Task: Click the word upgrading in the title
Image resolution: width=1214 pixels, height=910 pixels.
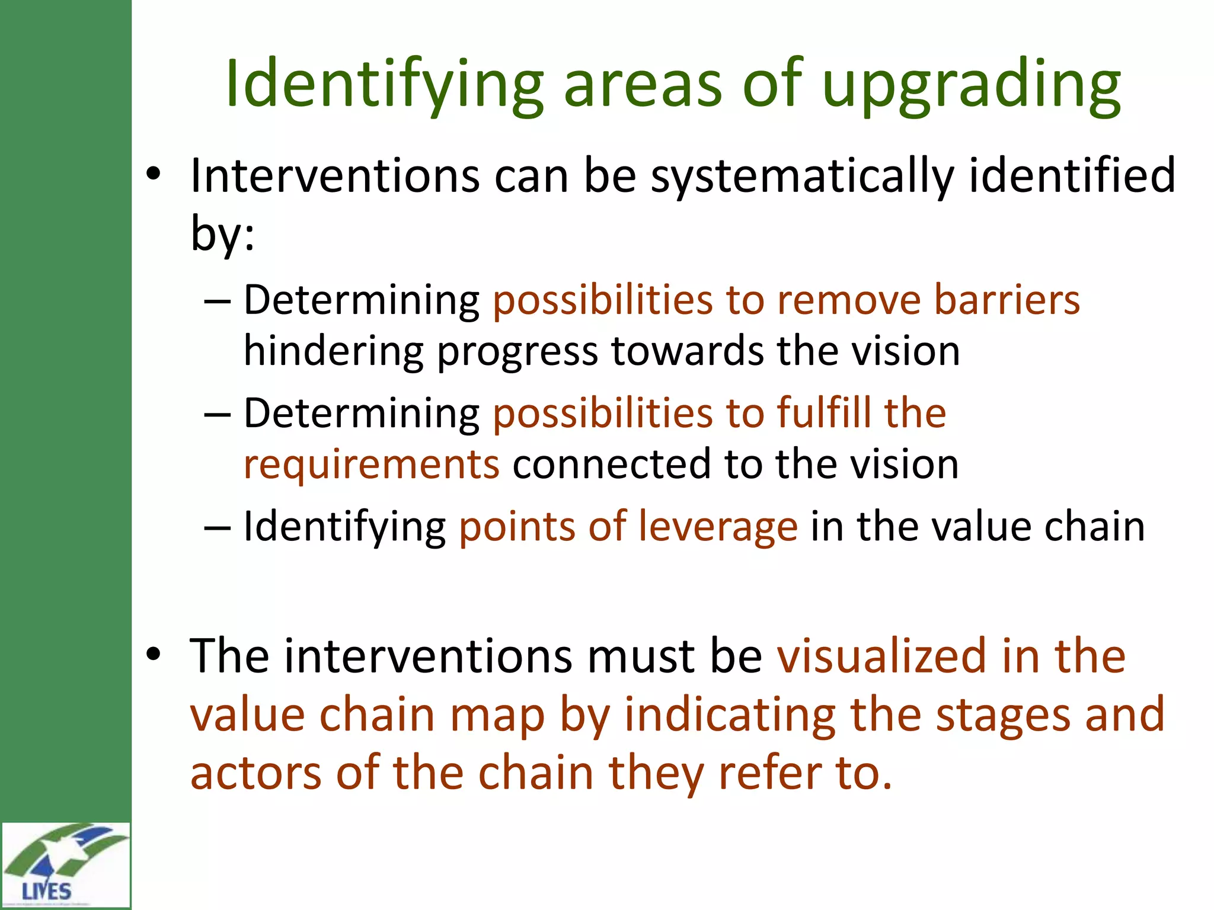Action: [971, 86]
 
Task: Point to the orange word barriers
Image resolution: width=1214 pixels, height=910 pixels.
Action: [1007, 300]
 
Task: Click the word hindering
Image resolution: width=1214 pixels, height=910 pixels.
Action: [333, 351]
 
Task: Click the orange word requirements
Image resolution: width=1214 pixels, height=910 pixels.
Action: [372, 465]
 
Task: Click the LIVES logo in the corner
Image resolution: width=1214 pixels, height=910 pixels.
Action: [65, 866]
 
